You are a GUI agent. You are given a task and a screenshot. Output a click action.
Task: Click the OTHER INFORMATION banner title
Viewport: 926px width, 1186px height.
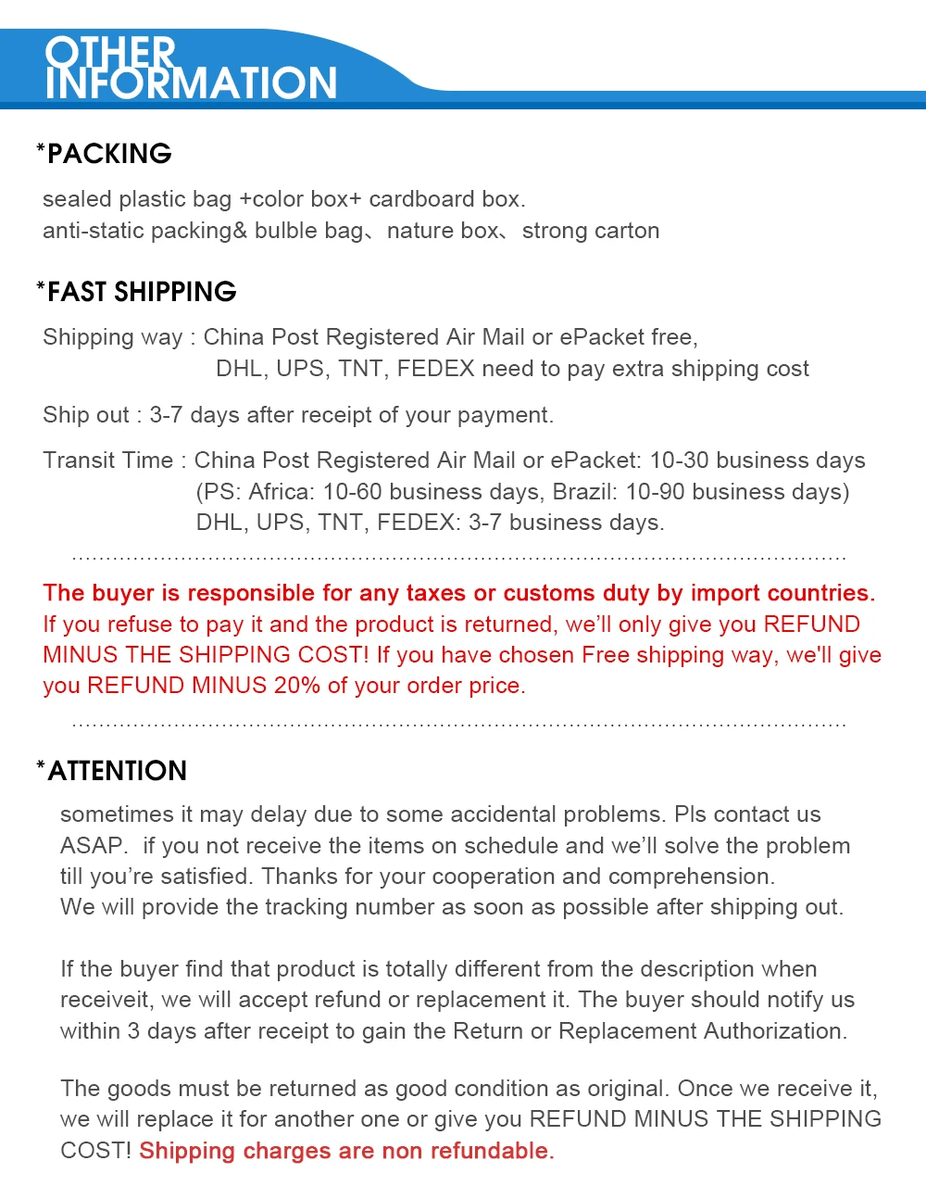pyautogui.click(x=191, y=69)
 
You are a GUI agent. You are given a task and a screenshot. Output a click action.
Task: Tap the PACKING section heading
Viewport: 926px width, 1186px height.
pyautogui.click(x=109, y=154)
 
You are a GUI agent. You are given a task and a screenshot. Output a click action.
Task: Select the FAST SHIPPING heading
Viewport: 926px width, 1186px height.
pyautogui.click(x=142, y=292)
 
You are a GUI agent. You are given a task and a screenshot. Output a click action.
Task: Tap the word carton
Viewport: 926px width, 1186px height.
pyautogui.click(x=626, y=231)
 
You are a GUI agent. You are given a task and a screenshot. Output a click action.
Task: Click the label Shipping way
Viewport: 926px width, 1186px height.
pyautogui.click(x=112, y=337)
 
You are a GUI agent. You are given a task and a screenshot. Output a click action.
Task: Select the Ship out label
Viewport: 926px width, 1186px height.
pyautogui.click(x=85, y=415)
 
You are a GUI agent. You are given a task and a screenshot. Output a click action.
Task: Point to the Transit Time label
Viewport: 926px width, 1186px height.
pyautogui.click(x=107, y=461)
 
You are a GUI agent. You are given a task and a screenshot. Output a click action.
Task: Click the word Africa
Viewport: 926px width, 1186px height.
pyautogui.click(x=279, y=492)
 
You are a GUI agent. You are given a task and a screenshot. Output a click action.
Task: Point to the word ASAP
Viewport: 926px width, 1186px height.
pyautogui.click(x=93, y=846)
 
